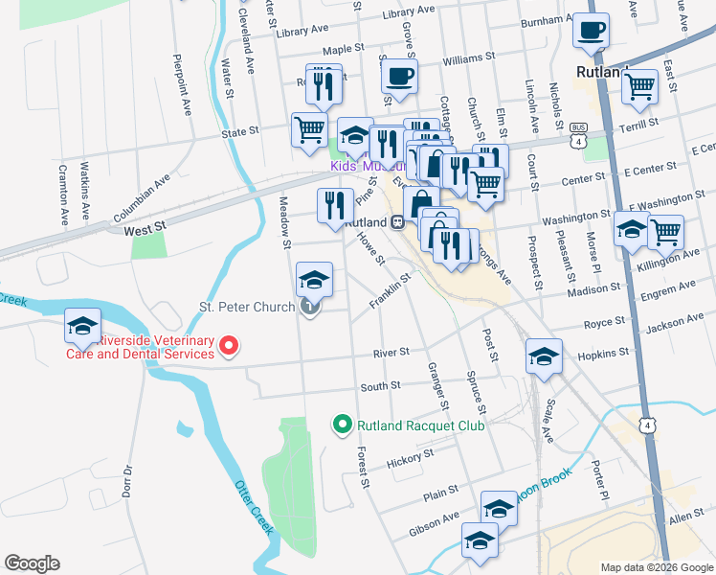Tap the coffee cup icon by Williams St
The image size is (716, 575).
pyautogui.click(x=399, y=77)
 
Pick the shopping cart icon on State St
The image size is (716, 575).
pyautogui.click(x=309, y=129)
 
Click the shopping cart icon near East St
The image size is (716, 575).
pyautogui.click(x=639, y=87)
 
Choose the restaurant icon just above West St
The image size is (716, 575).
pyautogui.click(x=334, y=206)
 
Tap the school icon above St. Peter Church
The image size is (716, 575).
pyautogui.click(x=313, y=281)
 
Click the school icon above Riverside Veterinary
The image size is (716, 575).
pyautogui.click(x=82, y=325)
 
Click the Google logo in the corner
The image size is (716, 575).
pyautogui.click(x=32, y=563)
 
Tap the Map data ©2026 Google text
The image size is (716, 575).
pyautogui.click(x=656, y=566)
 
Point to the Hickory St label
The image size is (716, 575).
pyautogui.click(x=410, y=456)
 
